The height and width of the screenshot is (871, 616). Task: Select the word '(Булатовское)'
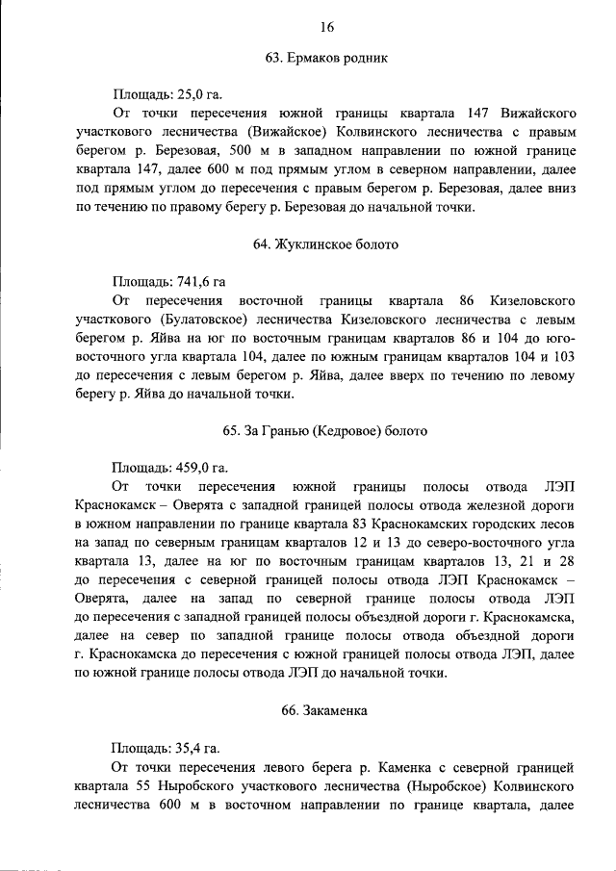pyautogui.click(x=192, y=320)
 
